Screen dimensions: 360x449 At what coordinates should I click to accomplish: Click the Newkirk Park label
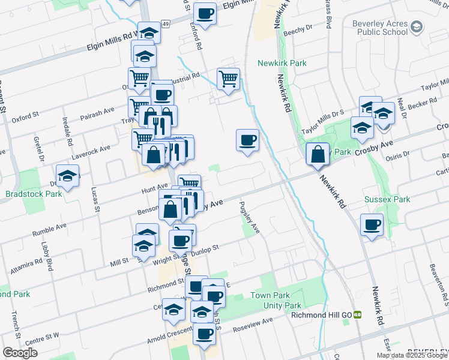[x=282, y=63]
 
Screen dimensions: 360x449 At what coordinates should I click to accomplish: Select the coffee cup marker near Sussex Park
[x=372, y=225]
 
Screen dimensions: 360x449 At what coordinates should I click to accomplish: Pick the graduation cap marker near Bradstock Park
[x=68, y=176]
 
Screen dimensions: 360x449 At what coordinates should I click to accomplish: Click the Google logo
[x=20, y=353]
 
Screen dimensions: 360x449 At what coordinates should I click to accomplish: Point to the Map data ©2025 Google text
[x=411, y=355]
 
